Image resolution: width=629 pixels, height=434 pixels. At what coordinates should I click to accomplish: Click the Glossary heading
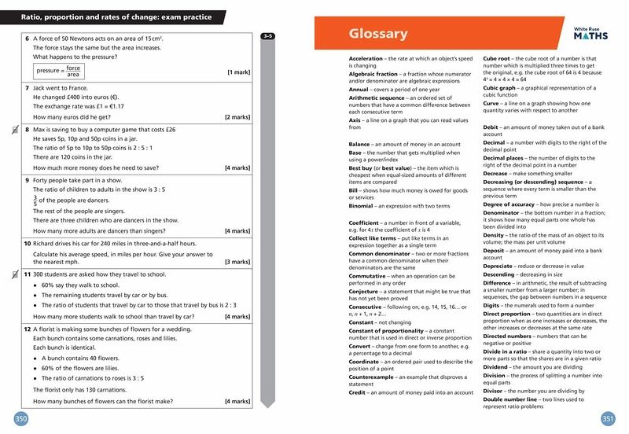(x=377, y=33)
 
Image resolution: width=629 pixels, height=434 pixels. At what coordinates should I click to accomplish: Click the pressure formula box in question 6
(x=59, y=72)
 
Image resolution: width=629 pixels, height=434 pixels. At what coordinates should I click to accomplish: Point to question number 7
(x=28, y=88)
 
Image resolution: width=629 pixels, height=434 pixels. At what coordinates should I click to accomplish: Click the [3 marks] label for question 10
(x=237, y=261)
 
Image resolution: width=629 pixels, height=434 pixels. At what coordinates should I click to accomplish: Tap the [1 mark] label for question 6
(x=239, y=72)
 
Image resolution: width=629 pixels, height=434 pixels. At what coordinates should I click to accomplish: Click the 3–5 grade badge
(x=267, y=35)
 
